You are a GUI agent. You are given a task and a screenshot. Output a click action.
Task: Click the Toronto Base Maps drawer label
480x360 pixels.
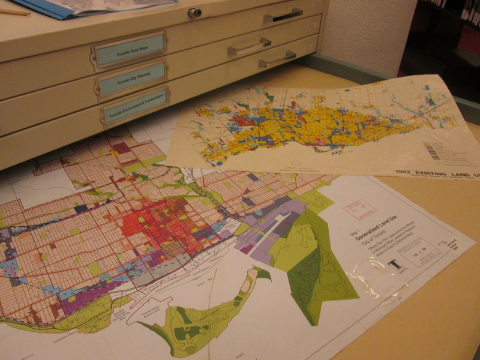pos(130,49)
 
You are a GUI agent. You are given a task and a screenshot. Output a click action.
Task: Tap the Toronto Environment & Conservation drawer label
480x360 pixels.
pos(136,106)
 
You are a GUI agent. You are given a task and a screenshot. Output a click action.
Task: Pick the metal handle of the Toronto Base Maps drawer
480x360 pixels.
pos(249,47)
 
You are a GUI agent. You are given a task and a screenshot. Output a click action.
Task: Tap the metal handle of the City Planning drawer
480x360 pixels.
pos(277,59)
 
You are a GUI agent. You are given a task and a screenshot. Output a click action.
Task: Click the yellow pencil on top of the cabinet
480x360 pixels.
pos(13,11)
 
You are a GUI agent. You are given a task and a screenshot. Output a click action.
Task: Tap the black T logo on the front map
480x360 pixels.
pos(394,266)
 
